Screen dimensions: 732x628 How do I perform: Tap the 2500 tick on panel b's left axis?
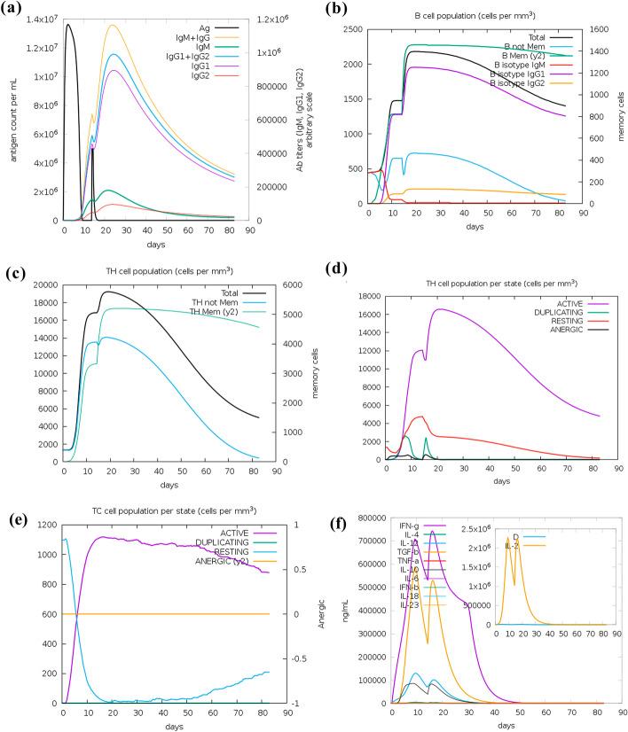click(x=356, y=29)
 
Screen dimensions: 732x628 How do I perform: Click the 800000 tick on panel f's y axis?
click(x=366, y=517)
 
